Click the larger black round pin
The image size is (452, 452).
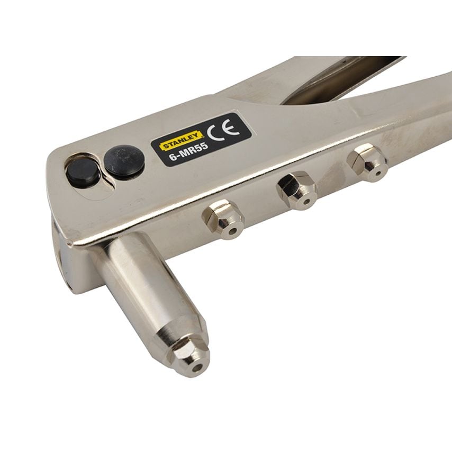click(124, 160)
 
